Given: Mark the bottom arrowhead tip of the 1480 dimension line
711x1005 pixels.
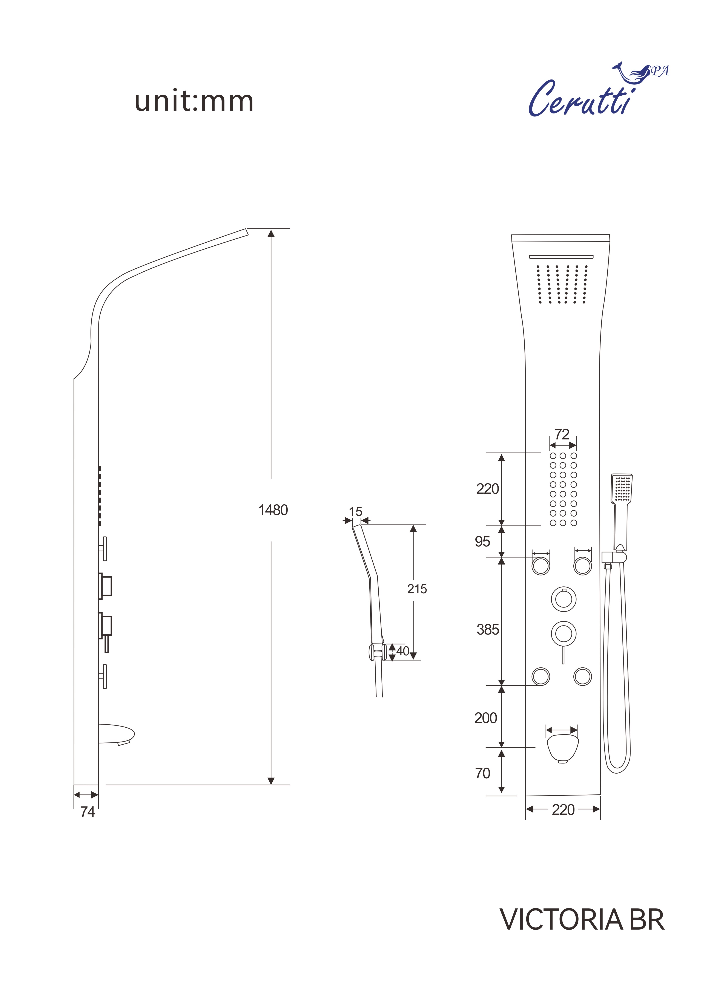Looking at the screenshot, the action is [x=271, y=785].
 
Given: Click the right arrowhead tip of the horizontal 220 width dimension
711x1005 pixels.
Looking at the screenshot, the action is [x=600, y=809].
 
